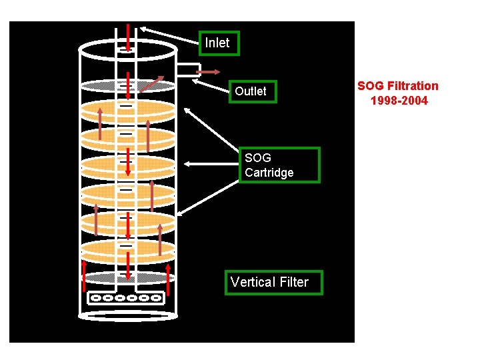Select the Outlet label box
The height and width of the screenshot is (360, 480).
(251, 91)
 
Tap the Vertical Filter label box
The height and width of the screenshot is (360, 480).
(273, 282)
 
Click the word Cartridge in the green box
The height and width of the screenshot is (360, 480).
(269, 173)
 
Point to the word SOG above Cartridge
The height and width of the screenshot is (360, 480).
(258, 158)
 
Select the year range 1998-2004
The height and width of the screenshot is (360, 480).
(399, 101)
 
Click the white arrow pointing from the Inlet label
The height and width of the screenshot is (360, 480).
(170, 36)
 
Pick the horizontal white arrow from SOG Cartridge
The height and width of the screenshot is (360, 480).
(211, 163)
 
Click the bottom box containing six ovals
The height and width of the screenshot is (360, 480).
(126, 298)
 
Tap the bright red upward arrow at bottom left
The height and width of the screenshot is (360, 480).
(84, 276)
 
